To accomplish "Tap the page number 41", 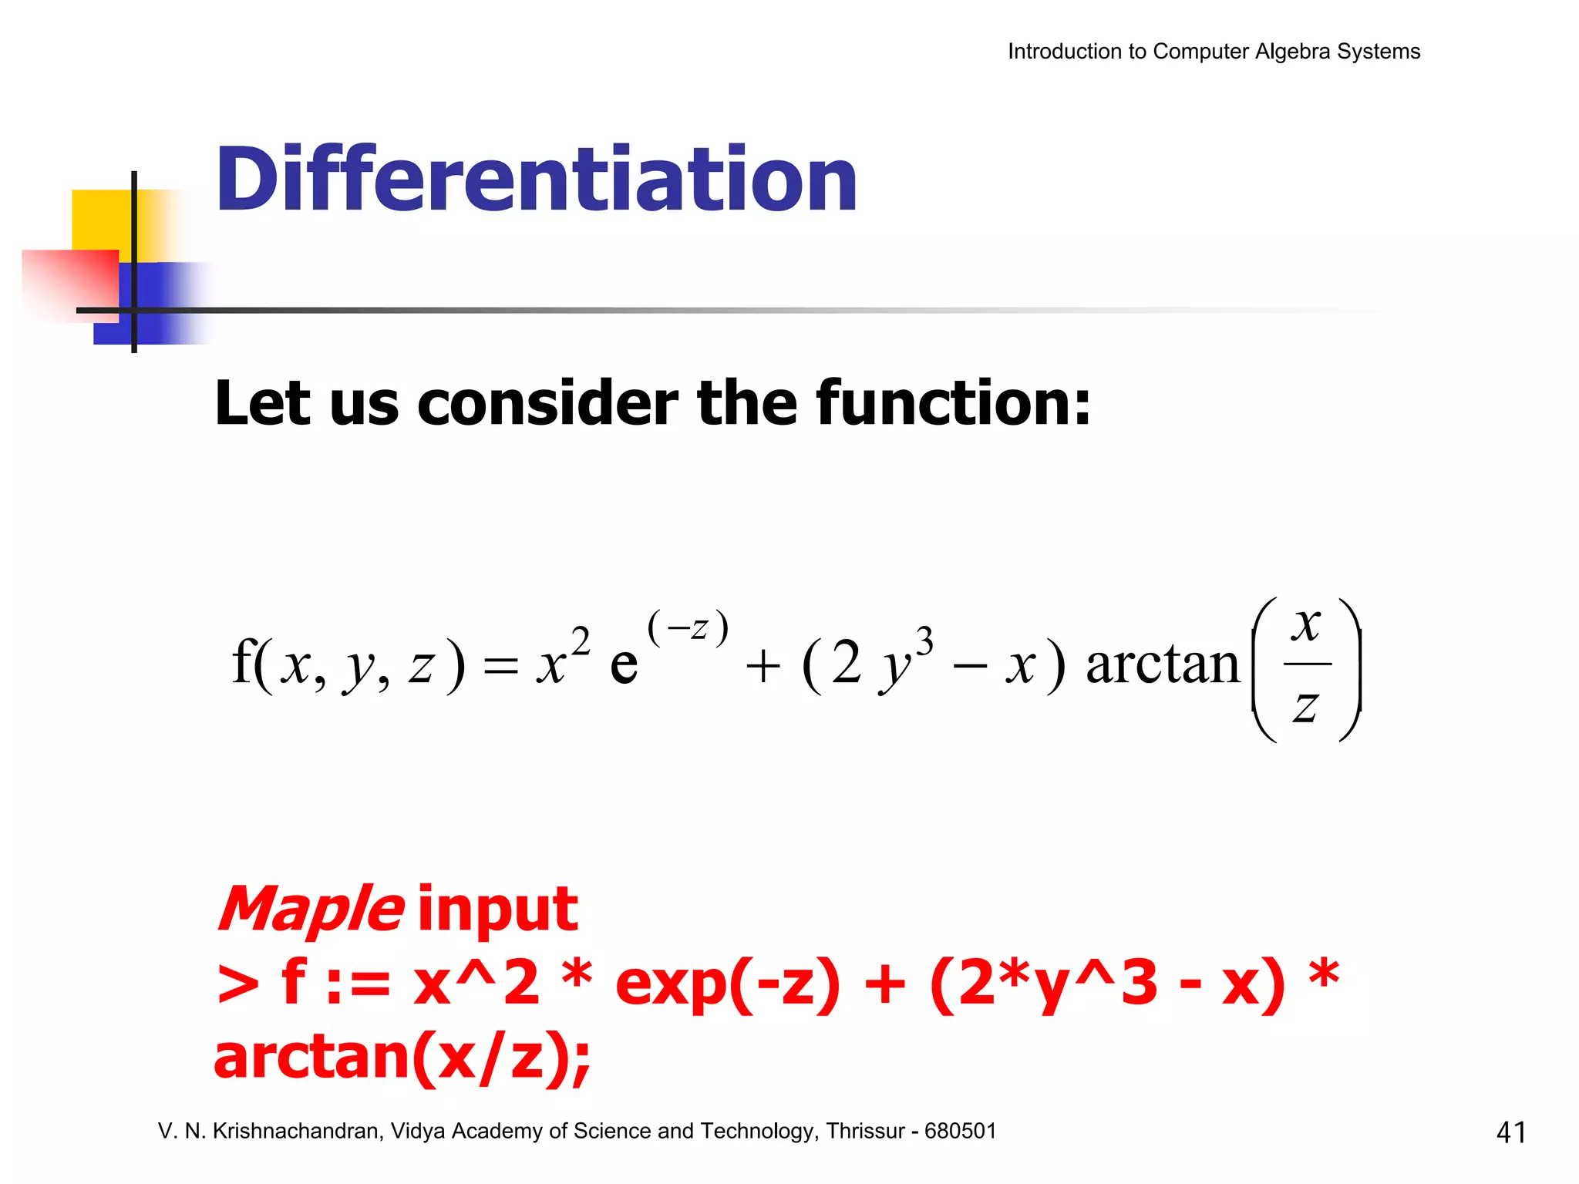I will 1510,1132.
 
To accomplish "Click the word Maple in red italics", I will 310,910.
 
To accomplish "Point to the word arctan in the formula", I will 1162,664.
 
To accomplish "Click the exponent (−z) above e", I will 688,627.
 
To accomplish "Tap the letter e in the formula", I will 624,664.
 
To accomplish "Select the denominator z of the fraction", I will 1305,706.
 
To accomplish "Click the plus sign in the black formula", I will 763,667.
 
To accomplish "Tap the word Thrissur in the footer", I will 865,1131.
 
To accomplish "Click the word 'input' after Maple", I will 497,910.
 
